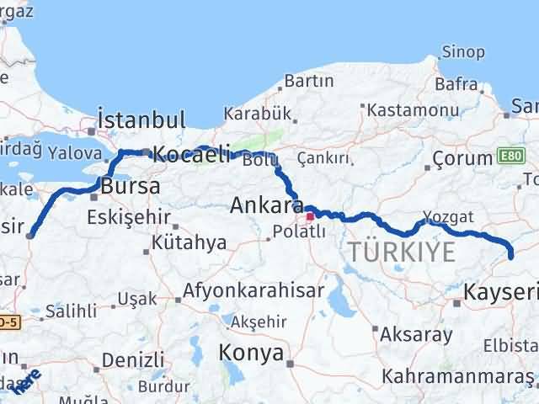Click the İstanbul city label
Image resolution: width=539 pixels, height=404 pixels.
point(141,119)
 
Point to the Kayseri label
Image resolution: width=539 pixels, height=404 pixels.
point(501,292)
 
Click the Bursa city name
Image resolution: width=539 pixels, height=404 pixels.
point(130,186)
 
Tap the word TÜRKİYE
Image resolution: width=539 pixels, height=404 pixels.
point(402,251)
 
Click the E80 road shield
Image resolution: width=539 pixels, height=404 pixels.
point(510,157)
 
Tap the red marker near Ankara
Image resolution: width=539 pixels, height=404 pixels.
point(311,216)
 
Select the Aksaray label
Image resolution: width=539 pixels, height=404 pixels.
point(416,333)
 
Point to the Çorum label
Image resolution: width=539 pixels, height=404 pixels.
point(462,158)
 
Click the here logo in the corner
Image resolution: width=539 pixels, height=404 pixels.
point(31,382)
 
